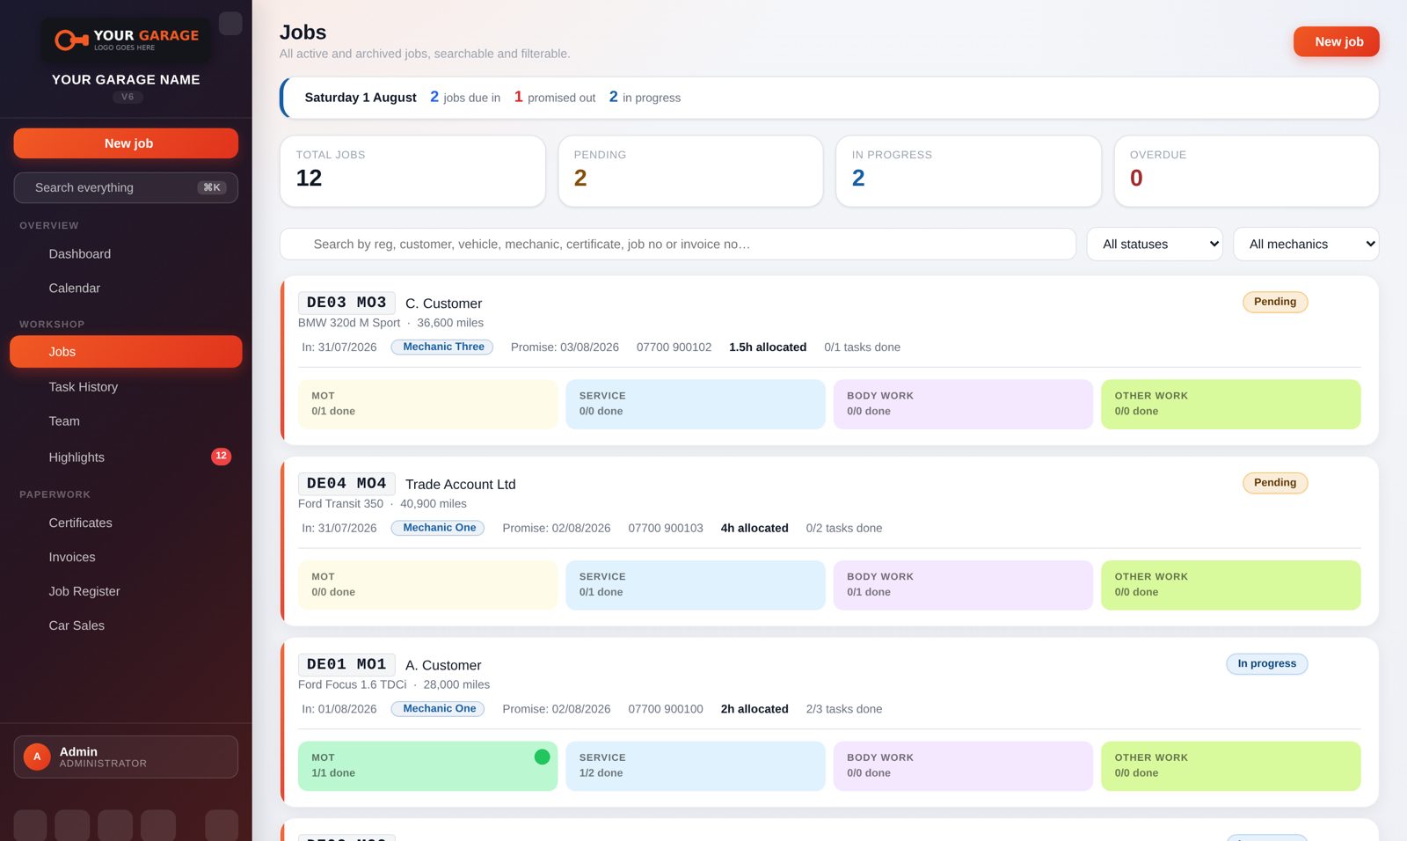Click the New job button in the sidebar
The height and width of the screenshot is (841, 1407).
[126, 143]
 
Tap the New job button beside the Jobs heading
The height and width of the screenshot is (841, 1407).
[1336, 41]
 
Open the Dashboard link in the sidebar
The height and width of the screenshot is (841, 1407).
[80, 254]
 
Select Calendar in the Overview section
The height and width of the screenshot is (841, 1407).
[74, 288]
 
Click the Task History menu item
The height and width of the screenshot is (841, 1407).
[84, 386]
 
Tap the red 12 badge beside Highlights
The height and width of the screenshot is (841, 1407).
[221, 456]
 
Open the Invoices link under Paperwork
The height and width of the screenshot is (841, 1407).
[72, 557]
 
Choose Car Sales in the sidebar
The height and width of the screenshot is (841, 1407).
[77, 625]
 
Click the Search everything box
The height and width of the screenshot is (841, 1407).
[126, 187]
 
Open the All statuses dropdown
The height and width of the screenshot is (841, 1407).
[1155, 244]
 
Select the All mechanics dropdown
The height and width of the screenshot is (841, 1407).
[1306, 244]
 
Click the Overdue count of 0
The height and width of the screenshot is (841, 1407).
[1135, 178]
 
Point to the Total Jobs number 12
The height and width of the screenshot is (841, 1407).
[309, 178]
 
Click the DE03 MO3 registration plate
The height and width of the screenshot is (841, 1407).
[346, 303]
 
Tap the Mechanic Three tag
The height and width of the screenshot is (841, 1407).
[442, 347]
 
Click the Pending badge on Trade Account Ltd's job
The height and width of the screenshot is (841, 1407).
[1275, 483]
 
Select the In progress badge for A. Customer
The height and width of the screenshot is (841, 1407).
[1267, 664]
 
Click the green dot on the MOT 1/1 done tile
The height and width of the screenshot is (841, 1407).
[542, 757]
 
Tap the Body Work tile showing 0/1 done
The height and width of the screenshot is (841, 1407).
[963, 584]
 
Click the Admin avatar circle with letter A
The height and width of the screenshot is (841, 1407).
[37, 757]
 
